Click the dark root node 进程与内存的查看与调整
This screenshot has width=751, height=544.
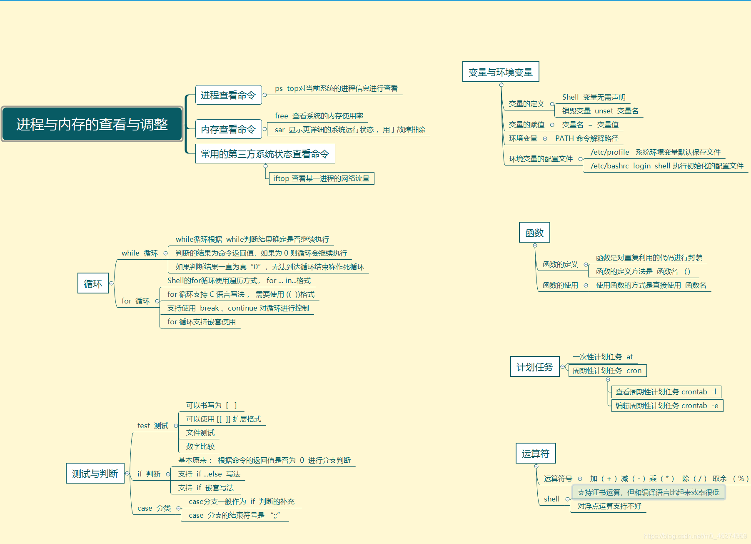[92, 124]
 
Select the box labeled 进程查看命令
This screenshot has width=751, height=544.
[228, 95]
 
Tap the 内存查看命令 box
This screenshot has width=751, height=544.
[228, 129]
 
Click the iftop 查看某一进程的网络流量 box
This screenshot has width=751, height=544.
[321, 178]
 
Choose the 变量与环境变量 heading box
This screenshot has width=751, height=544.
[500, 72]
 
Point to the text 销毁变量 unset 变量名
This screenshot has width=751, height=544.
[600, 111]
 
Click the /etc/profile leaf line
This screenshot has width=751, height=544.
[655, 152]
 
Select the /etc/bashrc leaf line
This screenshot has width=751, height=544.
[666, 166]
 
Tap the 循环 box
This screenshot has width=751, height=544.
[93, 283]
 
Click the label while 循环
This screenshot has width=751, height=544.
[140, 253]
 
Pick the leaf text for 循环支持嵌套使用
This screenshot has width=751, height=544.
[202, 322]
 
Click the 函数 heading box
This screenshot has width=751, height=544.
[534, 233]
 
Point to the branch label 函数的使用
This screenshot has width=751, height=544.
[560, 285]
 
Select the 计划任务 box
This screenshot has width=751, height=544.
[534, 367]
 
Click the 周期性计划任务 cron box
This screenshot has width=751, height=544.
[607, 371]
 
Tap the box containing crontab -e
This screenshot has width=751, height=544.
[666, 406]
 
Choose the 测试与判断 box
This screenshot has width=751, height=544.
[95, 474]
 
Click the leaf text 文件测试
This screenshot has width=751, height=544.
[200, 433]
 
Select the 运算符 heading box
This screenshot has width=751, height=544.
[535, 454]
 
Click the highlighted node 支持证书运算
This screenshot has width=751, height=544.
[648, 492]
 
